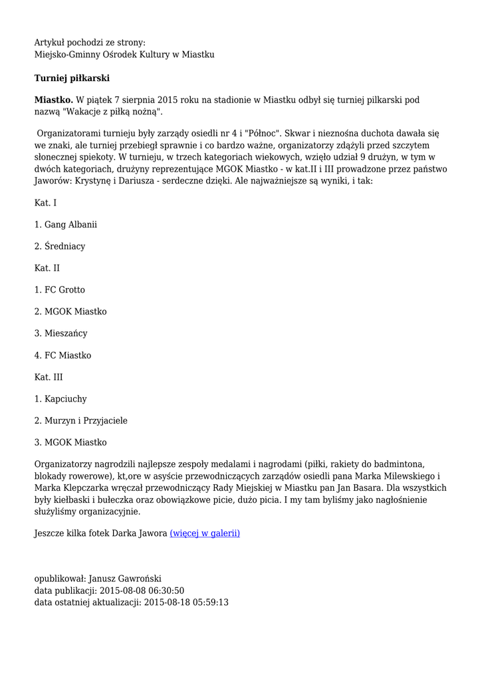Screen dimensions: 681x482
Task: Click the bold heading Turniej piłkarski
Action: click(72, 78)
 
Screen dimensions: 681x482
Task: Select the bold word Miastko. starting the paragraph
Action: click(54, 100)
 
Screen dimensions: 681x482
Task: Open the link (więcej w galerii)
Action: click(205, 533)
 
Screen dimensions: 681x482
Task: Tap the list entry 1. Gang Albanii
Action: click(65, 225)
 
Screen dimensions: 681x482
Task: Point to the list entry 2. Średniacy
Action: click(60, 247)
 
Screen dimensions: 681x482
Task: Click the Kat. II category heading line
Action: click(47, 268)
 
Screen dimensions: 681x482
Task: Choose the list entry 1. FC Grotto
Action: click(60, 290)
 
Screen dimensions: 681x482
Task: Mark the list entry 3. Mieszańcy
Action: click(61, 334)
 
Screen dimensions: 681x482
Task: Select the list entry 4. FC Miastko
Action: click(62, 356)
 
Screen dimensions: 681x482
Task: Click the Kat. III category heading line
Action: click(49, 377)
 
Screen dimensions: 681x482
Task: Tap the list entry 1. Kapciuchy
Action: click(60, 399)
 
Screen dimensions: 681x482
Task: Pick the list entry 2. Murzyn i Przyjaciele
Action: click(80, 421)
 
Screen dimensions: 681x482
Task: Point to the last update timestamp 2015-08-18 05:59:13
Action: click(186, 603)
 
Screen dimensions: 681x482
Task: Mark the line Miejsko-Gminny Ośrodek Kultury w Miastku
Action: click(124, 55)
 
